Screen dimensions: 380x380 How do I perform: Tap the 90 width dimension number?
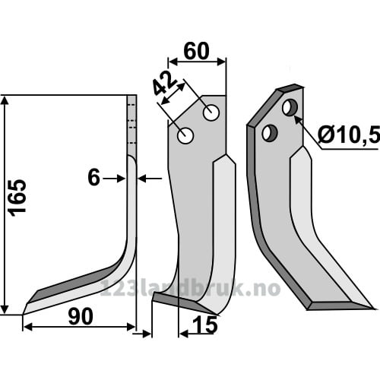pos(81,317)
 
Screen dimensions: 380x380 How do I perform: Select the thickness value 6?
pos(93,178)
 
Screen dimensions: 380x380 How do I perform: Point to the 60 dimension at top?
pos(196,51)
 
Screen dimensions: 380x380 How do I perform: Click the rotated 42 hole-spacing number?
pos(165,84)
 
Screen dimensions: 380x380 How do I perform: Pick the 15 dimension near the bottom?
pos(205,325)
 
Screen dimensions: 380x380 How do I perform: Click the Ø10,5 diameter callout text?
pos(349,135)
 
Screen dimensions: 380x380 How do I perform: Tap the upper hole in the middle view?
pos(211,112)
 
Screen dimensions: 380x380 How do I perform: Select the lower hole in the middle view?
pos(185,135)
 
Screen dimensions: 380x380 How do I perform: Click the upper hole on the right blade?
pos(290,108)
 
